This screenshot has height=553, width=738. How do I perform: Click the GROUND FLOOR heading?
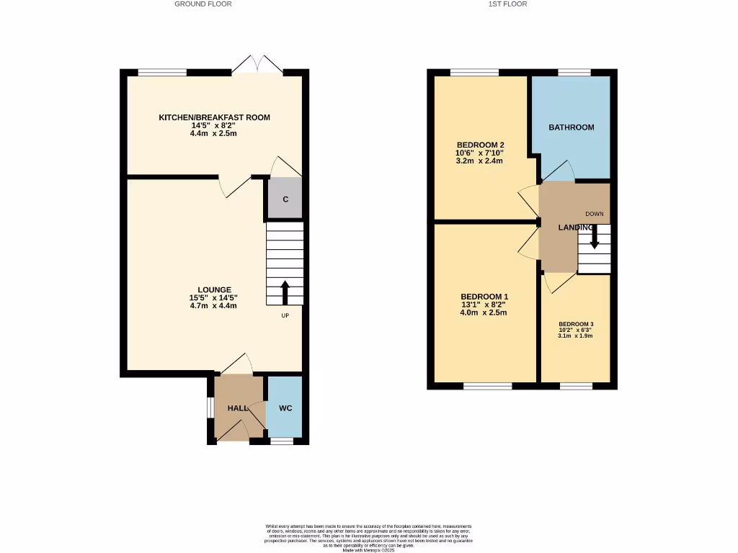click(x=203, y=4)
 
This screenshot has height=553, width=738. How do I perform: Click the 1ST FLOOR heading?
click(x=509, y=4)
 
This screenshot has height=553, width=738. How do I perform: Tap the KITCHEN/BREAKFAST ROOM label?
click(x=214, y=117)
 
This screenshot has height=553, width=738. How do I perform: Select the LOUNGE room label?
click(x=214, y=290)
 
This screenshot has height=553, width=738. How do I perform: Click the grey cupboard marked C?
click(x=285, y=199)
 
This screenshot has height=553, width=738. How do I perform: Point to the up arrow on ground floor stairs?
click(x=285, y=292)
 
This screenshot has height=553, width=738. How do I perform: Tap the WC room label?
click(x=285, y=408)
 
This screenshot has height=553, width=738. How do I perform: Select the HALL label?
click(x=238, y=408)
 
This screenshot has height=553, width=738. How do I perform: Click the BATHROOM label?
click(x=572, y=127)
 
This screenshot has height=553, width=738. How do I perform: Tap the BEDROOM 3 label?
click(x=575, y=324)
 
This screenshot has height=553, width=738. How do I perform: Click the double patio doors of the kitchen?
click(x=257, y=64)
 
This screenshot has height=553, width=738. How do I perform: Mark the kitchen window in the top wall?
click(x=162, y=72)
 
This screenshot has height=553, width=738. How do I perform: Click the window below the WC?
click(x=282, y=441)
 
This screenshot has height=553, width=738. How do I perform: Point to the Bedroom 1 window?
click(x=487, y=387)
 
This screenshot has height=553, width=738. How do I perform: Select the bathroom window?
click(x=574, y=72)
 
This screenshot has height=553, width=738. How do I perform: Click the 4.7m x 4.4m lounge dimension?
click(x=213, y=306)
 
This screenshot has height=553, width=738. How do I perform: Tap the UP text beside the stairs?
click(x=285, y=315)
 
